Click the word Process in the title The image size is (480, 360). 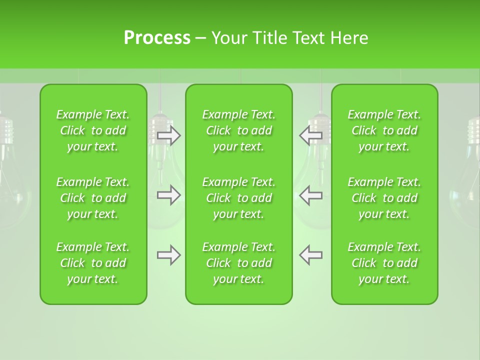(x=157, y=38)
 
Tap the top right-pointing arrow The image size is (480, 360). (x=169, y=135)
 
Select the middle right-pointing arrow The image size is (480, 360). (x=169, y=195)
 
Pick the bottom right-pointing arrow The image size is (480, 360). (x=169, y=255)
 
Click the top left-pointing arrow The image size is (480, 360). (x=310, y=135)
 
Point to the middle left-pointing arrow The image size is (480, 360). (x=310, y=195)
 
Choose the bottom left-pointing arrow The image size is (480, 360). (x=310, y=255)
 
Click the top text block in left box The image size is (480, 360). (x=93, y=130)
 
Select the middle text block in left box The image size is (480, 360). (x=93, y=198)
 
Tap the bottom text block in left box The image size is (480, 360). (x=93, y=263)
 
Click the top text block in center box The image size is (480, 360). (x=238, y=130)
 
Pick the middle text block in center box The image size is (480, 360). (x=238, y=198)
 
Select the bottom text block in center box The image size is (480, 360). (x=238, y=263)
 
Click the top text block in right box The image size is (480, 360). (x=384, y=130)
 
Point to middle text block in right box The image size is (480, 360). (x=384, y=198)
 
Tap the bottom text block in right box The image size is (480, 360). (x=384, y=263)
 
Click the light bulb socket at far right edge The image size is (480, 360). (x=474, y=131)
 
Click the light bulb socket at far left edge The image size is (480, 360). (x=5, y=131)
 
